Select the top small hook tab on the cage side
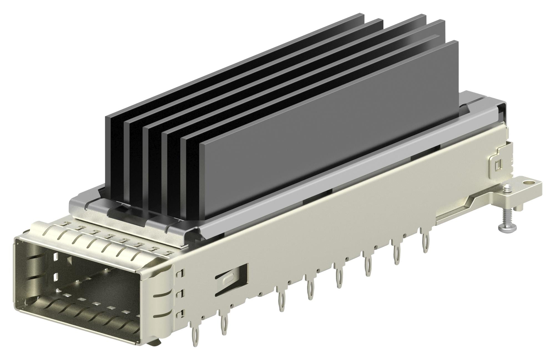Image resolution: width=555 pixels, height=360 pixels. [181, 273]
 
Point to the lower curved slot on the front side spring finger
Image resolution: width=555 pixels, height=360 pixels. [164, 313]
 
